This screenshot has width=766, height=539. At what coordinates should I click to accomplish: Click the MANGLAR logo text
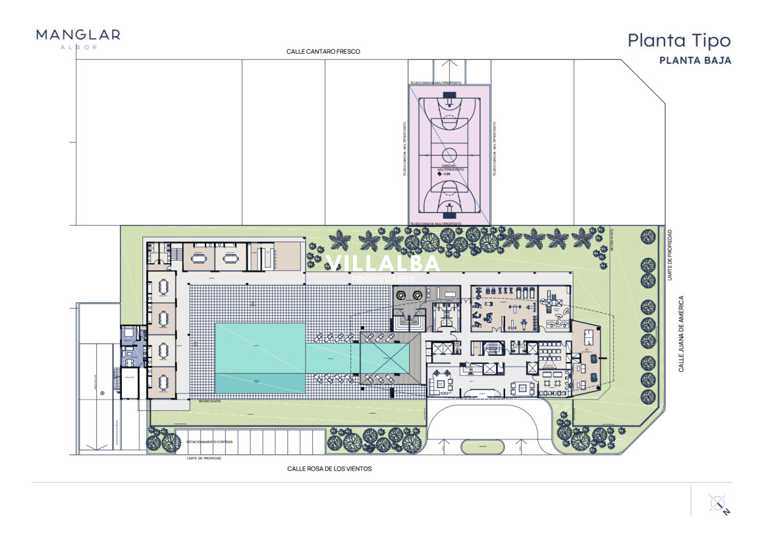tap(78, 34)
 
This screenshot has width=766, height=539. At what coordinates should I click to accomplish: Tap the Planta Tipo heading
tap(679, 40)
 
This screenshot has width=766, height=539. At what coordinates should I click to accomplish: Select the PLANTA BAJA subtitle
tap(695, 61)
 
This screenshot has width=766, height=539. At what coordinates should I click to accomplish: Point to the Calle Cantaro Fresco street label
tap(324, 52)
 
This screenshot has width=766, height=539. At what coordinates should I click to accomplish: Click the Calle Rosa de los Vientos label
tap(329, 468)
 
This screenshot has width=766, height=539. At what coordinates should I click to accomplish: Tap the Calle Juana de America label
tap(682, 333)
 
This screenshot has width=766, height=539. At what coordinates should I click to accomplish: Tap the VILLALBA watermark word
tap(383, 263)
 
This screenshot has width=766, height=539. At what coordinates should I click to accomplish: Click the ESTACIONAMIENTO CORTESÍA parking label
tap(209, 442)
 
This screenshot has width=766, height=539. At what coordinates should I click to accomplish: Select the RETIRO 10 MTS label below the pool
tap(209, 402)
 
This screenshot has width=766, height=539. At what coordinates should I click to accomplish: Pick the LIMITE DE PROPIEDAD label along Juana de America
tap(669, 254)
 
